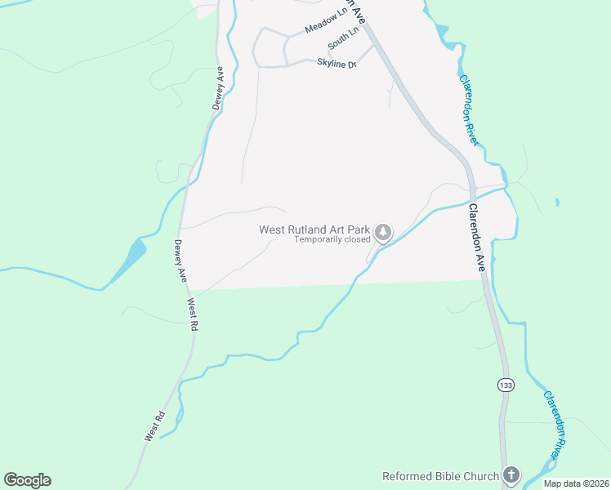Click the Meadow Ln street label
[x=326, y=22]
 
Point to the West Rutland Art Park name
[x=314, y=229]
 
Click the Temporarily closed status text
[x=332, y=240]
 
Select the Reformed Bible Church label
[x=440, y=476]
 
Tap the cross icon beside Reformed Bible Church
[x=511, y=474]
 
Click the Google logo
[x=27, y=480]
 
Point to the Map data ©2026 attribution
[x=576, y=483]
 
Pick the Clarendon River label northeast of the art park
[x=468, y=110]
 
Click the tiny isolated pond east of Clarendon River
[x=557, y=203]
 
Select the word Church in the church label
[x=479, y=476]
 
